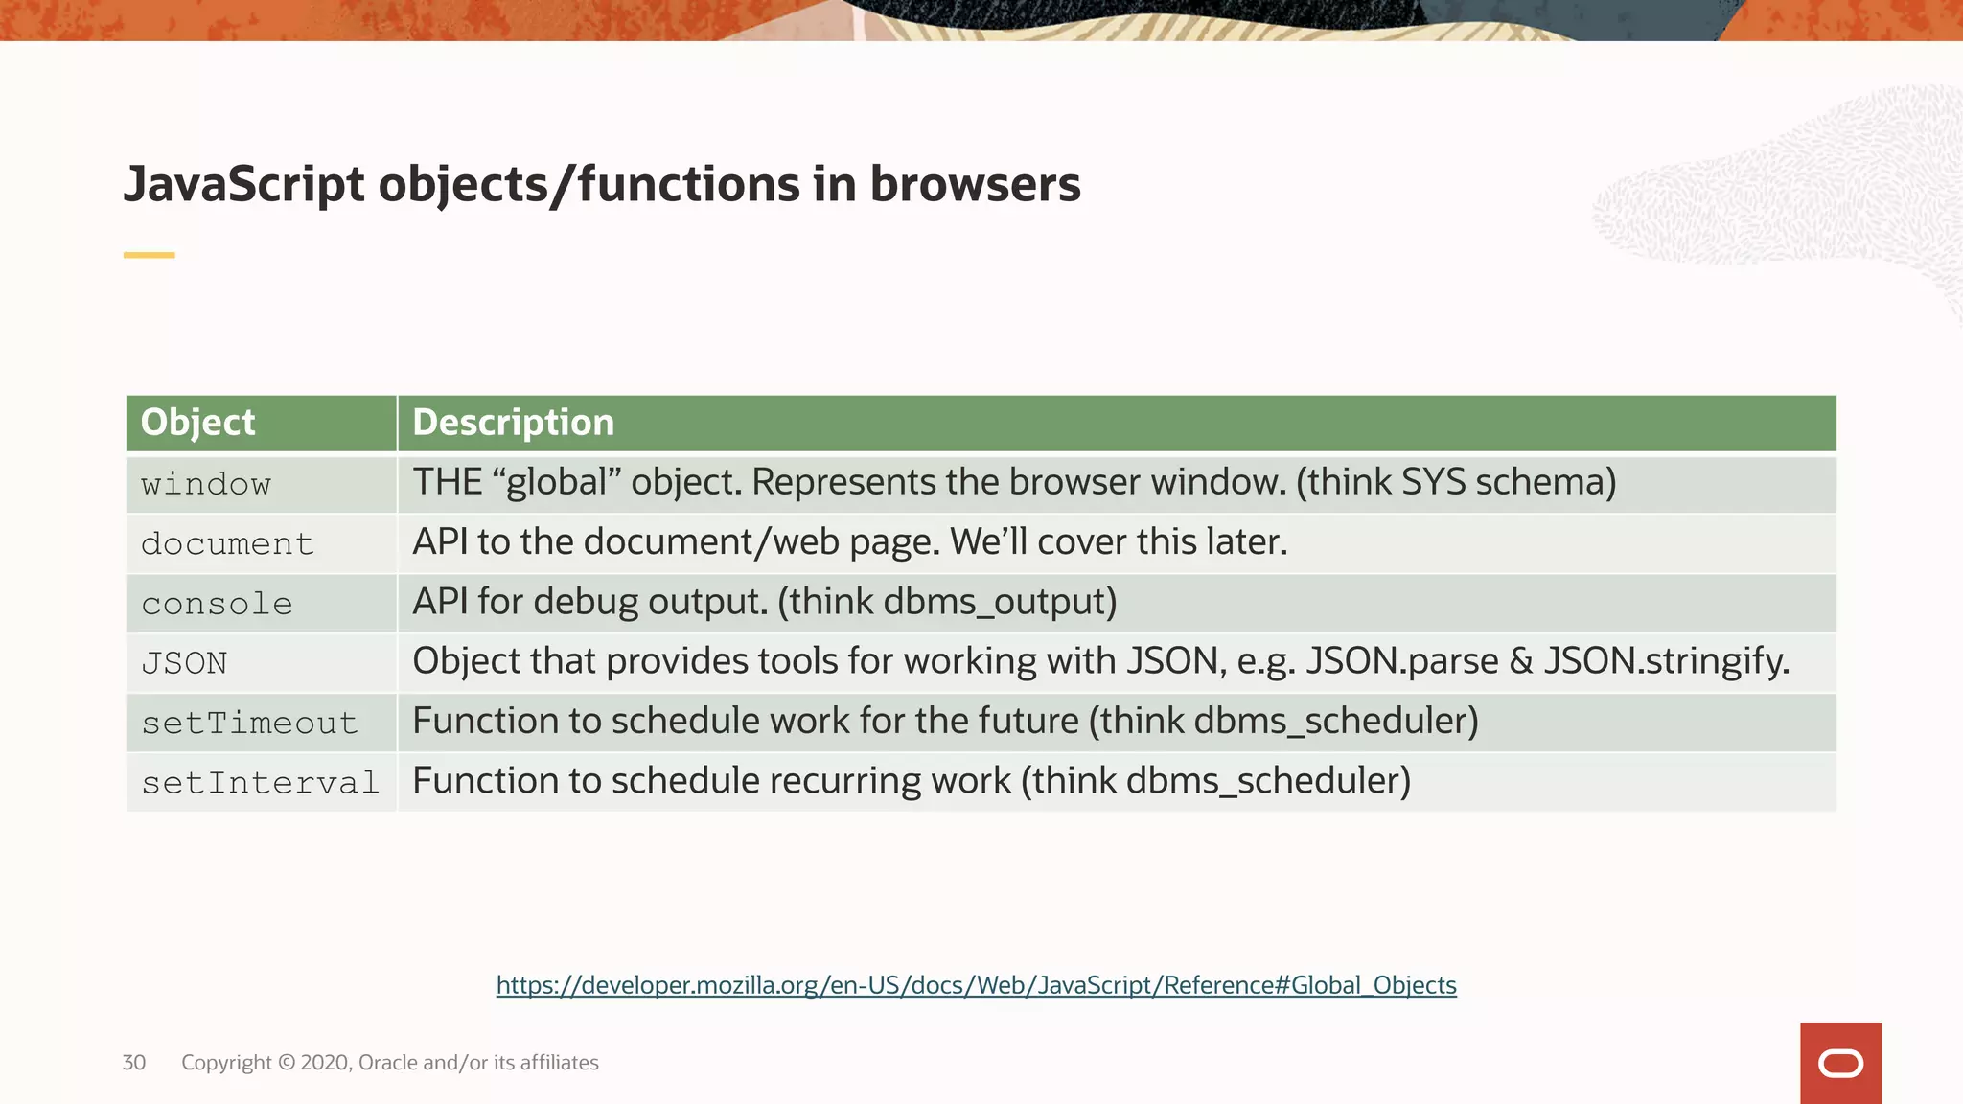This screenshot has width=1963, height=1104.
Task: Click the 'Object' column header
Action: click(198, 423)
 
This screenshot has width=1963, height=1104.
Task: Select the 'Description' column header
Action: click(513, 423)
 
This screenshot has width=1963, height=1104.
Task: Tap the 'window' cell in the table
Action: click(206, 484)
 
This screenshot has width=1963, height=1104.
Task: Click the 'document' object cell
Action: click(227, 544)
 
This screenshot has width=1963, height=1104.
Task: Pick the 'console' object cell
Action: click(217, 604)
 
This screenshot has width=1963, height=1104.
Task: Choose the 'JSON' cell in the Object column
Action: click(184, 663)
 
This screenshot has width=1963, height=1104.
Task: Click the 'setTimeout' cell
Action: click(249, 723)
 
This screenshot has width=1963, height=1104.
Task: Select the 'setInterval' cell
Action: click(260, 783)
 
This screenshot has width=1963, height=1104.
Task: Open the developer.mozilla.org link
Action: click(976, 985)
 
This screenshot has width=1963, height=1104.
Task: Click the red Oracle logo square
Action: click(1840, 1063)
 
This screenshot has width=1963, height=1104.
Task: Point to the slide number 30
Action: click(134, 1063)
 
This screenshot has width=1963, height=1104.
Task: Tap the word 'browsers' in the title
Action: click(975, 184)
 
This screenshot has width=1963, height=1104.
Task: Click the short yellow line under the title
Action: click(150, 255)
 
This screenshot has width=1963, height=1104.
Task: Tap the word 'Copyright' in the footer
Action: click(226, 1063)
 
